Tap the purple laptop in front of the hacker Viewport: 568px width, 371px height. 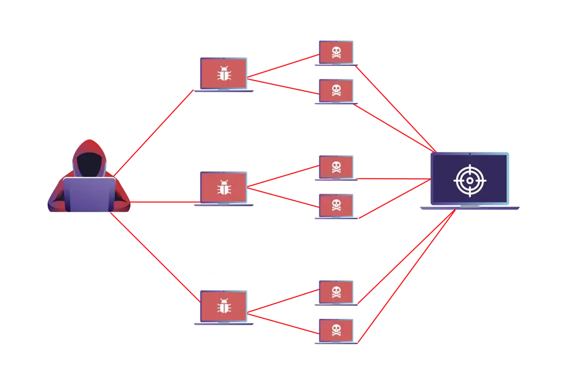pyautogui.click(x=89, y=195)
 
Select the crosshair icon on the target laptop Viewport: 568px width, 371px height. pyautogui.click(x=469, y=179)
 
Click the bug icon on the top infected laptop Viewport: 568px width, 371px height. pyautogui.click(x=224, y=74)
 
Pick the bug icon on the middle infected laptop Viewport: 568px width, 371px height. pyautogui.click(x=224, y=189)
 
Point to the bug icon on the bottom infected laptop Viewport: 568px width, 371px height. pyautogui.click(x=224, y=307)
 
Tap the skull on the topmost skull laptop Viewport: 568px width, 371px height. pyautogui.click(x=336, y=53)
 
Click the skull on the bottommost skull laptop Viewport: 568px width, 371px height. pyautogui.click(x=336, y=329)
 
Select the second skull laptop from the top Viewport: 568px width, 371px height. pyautogui.click(x=336, y=89)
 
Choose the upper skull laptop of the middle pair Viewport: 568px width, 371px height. pyautogui.click(x=336, y=166)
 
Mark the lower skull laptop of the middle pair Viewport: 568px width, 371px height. pyautogui.click(x=336, y=205)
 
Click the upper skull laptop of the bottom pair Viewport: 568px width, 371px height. pyautogui.click(x=336, y=292)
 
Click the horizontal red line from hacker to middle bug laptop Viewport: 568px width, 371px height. pyautogui.click(x=161, y=201)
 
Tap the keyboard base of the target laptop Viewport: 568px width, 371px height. pyautogui.click(x=470, y=208)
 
